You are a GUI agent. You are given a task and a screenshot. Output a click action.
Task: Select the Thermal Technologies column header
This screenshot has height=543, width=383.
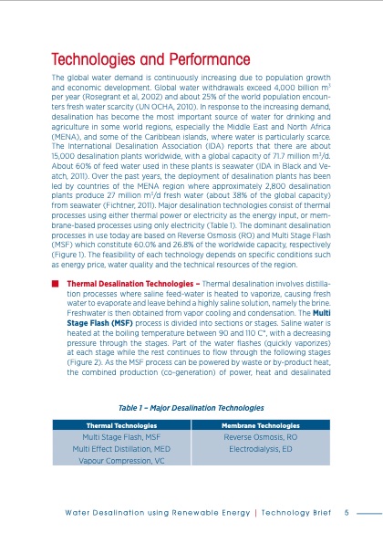121,425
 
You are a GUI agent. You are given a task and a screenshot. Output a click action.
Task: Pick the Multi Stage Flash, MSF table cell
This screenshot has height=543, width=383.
121,437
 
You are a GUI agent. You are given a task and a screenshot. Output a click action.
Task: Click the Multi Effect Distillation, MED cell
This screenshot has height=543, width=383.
121,449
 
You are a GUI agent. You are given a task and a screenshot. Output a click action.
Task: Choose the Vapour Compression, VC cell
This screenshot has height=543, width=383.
121,462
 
